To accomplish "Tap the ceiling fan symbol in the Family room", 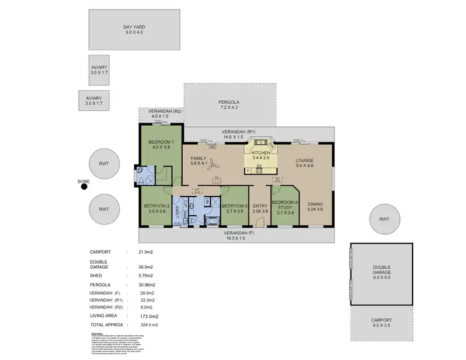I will point(213,165).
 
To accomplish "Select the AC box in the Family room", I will point(212,147).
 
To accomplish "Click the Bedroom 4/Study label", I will point(285,206).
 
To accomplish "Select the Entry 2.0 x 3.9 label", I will point(260,210).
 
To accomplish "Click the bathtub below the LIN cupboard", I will point(211,221).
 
